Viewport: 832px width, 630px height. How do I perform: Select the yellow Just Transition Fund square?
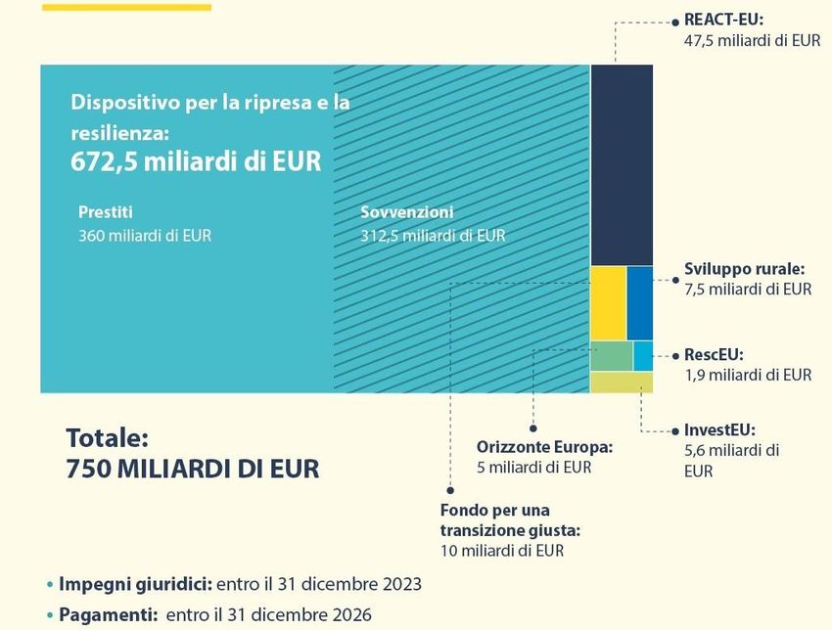pos(608,302)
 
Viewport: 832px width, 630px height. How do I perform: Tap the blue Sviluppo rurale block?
pos(640,302)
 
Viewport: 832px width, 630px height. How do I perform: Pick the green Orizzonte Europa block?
pos(611,356)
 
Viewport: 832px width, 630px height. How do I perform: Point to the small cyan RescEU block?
pos(643,355)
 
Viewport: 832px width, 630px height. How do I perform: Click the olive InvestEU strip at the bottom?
pos(622,382)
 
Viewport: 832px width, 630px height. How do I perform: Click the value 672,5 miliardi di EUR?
pos(196,162)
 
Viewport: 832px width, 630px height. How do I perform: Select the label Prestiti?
pos(105,212)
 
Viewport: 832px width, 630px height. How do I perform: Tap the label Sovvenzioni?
pos(406,212)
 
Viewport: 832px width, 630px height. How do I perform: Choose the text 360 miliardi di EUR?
pos(144,235)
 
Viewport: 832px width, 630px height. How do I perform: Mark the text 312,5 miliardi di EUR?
pos(433,235)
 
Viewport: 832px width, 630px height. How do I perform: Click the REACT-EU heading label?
pos(723,20)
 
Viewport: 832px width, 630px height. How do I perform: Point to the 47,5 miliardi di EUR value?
pos(752,41)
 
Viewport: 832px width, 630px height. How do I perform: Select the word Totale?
pos(106,437)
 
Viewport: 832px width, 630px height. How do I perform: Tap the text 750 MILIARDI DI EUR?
pos(192,469)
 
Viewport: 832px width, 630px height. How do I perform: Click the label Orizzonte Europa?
pos(544,446)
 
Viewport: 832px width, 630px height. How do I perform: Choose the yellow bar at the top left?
pos(126,7)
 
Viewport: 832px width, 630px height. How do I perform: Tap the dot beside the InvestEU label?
pos(673,430)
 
